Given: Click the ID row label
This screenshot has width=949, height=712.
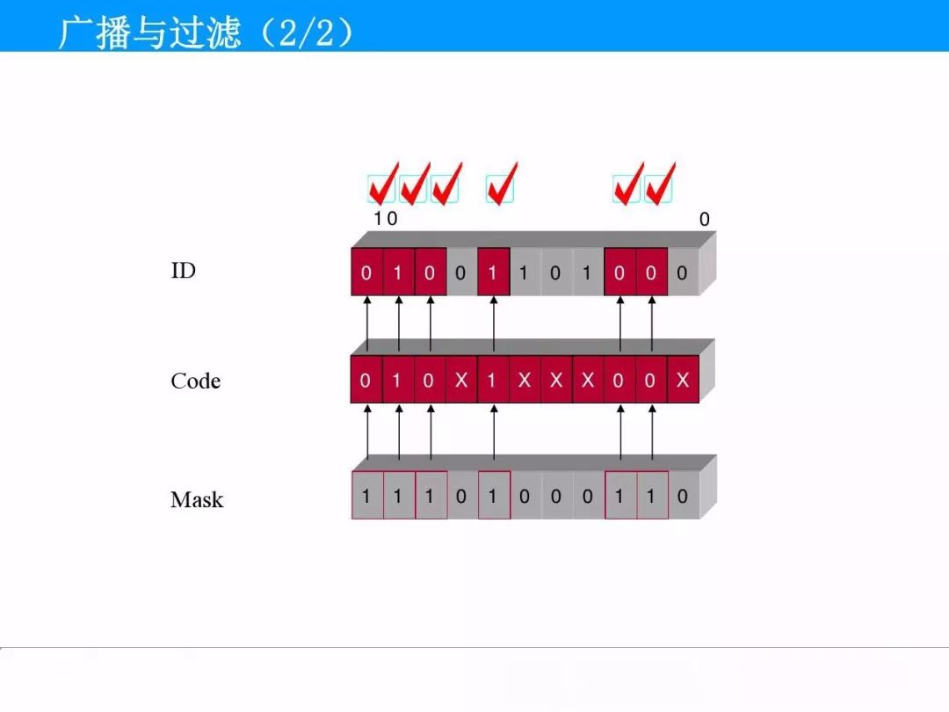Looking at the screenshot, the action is click(x=184, y=271).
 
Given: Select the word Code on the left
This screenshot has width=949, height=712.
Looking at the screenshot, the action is click(x=195, y=381).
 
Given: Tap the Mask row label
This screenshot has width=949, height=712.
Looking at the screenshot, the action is click(x=197, y=499).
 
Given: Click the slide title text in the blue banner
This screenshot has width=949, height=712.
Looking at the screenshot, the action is click(x=206, y=33).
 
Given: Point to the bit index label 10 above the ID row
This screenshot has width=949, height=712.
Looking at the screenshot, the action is click(x=386, y=219).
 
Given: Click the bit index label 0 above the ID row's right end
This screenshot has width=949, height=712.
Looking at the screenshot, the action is click(x=705, y=219).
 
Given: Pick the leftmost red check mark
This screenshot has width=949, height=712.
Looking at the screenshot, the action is click(x=383, y=184).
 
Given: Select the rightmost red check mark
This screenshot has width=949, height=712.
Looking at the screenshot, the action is click(x=660, y=184).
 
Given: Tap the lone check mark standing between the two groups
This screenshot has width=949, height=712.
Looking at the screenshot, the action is click(x=502, y=184).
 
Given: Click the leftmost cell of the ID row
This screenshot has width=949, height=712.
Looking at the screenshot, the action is click(x=366, y=272).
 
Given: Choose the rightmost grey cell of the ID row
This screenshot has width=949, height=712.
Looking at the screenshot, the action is click(x=683, y=272).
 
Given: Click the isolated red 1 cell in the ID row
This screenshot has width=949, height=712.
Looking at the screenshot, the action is click(x=493, y=272).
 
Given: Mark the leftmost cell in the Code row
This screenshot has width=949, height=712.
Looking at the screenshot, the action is click(x=366, y=380).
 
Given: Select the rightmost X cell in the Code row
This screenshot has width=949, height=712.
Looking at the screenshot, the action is click(x=683, y=380).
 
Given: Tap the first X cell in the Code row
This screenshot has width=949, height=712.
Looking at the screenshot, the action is click(x=461, y=380).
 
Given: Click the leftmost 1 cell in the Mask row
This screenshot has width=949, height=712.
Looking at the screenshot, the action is click(x=367, y=495).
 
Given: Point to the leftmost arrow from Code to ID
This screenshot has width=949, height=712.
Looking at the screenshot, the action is click(x=366, y=323).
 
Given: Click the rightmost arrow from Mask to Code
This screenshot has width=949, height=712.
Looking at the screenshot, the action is click(x=652, y=432).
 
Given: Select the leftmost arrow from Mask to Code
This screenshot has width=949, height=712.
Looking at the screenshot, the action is click(x=367, y=432).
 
